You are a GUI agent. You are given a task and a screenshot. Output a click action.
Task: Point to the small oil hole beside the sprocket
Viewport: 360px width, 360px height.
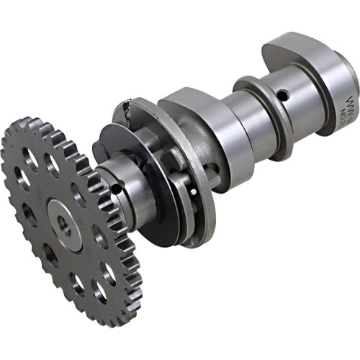115,189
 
